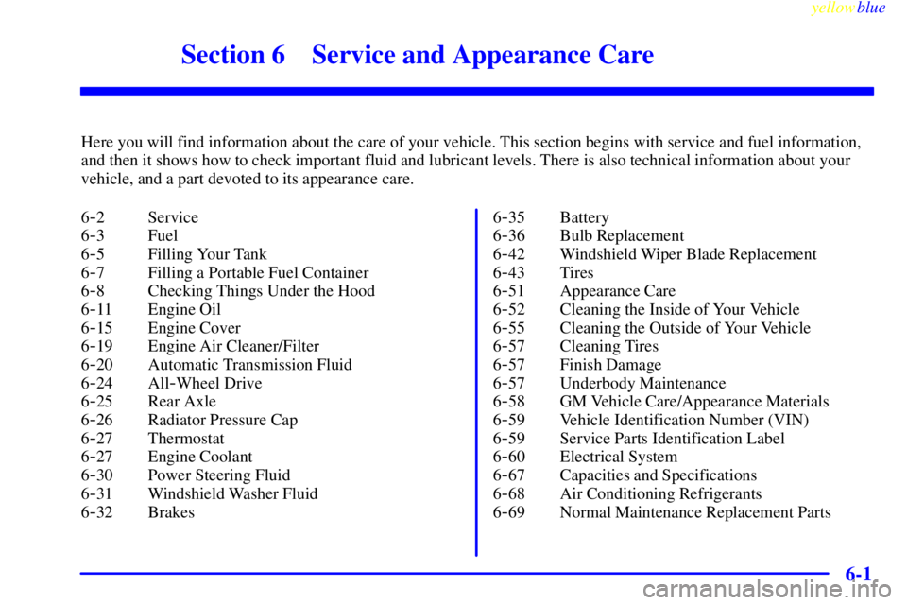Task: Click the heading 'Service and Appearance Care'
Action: coord(483,55)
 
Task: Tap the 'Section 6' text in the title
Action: coord(233,55)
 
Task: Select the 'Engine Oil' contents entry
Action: coord(184,310)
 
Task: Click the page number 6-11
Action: coord(96,310)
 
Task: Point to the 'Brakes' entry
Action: coord(171,512)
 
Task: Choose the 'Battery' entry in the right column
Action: coord(584,217)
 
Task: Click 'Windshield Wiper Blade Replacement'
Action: coord(688,254)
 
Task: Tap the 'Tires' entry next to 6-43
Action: coord(576,272)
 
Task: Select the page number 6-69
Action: coord(509,512)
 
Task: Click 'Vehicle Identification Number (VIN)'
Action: coord(684,421)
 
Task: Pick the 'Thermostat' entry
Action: coord(186,439)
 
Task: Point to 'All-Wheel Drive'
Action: coord(205,383)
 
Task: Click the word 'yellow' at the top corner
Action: coord(832,8)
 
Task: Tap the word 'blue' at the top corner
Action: coord(871,8)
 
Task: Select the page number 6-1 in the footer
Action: coord(858,574)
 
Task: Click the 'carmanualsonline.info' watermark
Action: coord(767,591)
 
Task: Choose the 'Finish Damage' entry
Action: coord(610,365)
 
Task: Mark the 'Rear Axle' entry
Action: coord(181,402)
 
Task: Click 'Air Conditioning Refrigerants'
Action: coord(660,493)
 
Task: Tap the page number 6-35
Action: coord(509,217)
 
